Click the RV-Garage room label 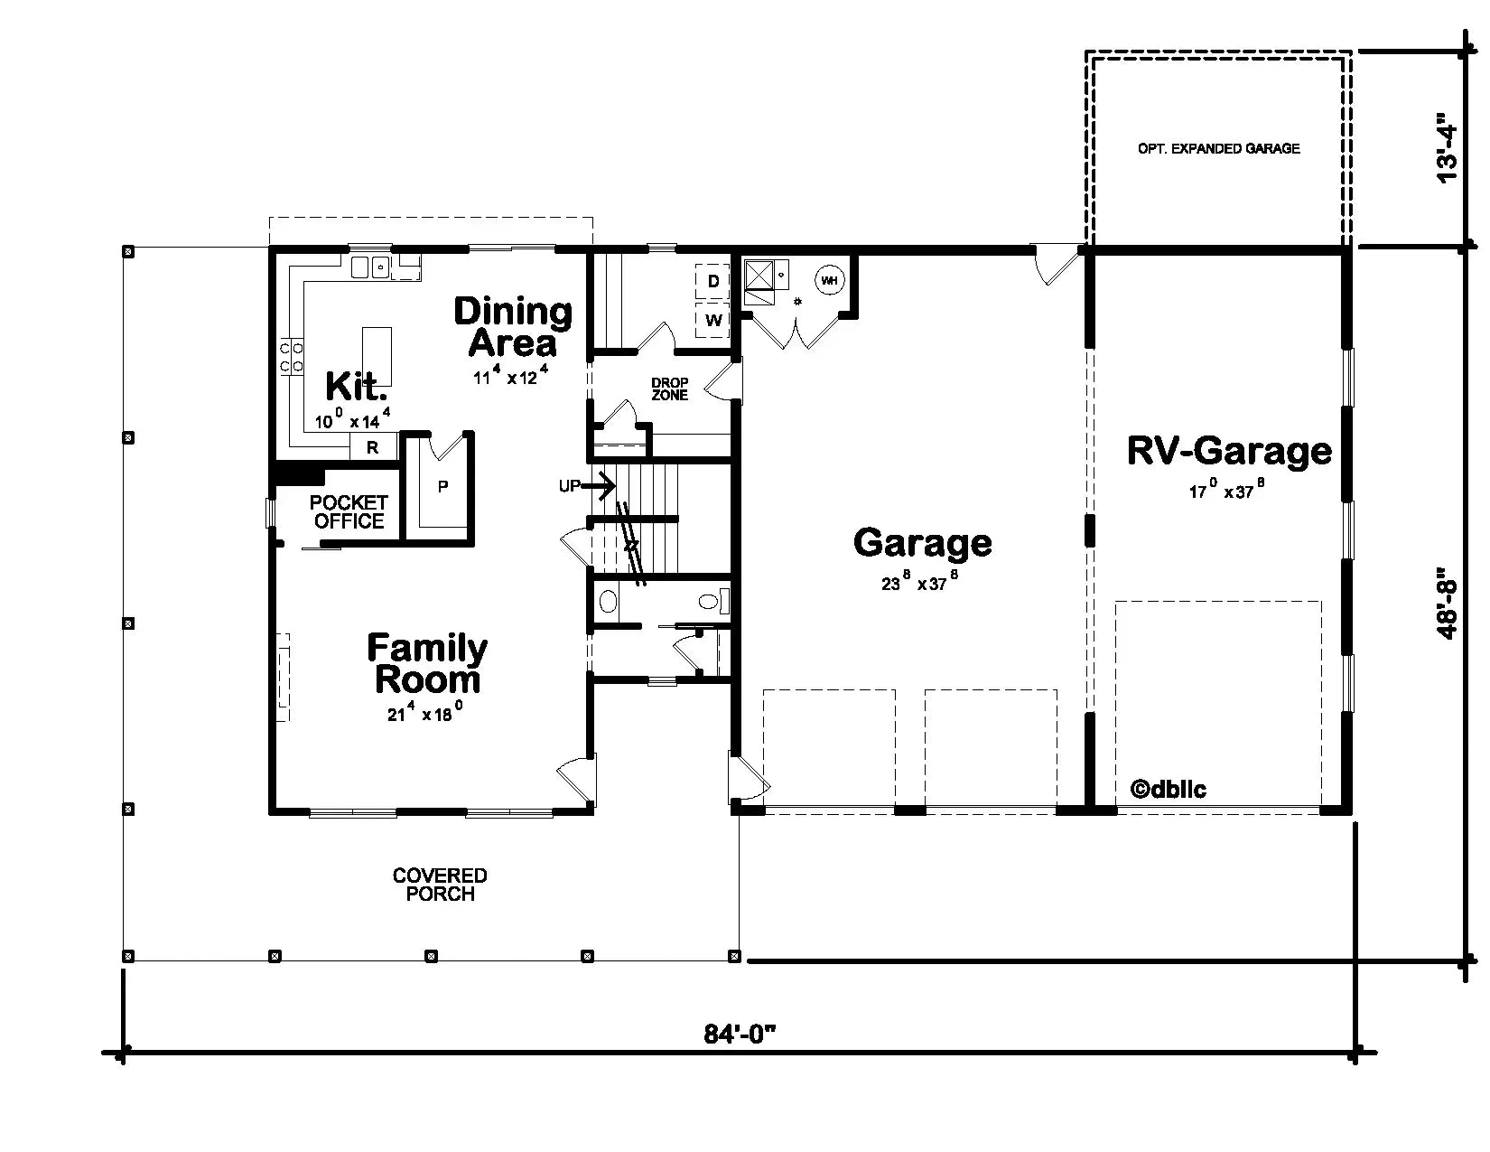coord(1229,451)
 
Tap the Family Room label coord(427,663)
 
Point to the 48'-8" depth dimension coord(1447,604)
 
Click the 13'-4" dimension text coord(1447,147)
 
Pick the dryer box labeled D coord(713,282)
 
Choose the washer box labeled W coord(713,320)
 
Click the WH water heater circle coord(829,281)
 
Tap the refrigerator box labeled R coord(373,446)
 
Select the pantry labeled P coord(442,487)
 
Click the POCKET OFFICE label coord(349,511)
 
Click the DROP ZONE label coord(669,389)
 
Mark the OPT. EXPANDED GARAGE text coord(1218,148)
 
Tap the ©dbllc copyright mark coord(1168,789)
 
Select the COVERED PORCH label coord(440,885)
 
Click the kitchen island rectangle coord(378,356)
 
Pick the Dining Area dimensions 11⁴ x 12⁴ coord(511,376)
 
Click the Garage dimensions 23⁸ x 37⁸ coord(919,583)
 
